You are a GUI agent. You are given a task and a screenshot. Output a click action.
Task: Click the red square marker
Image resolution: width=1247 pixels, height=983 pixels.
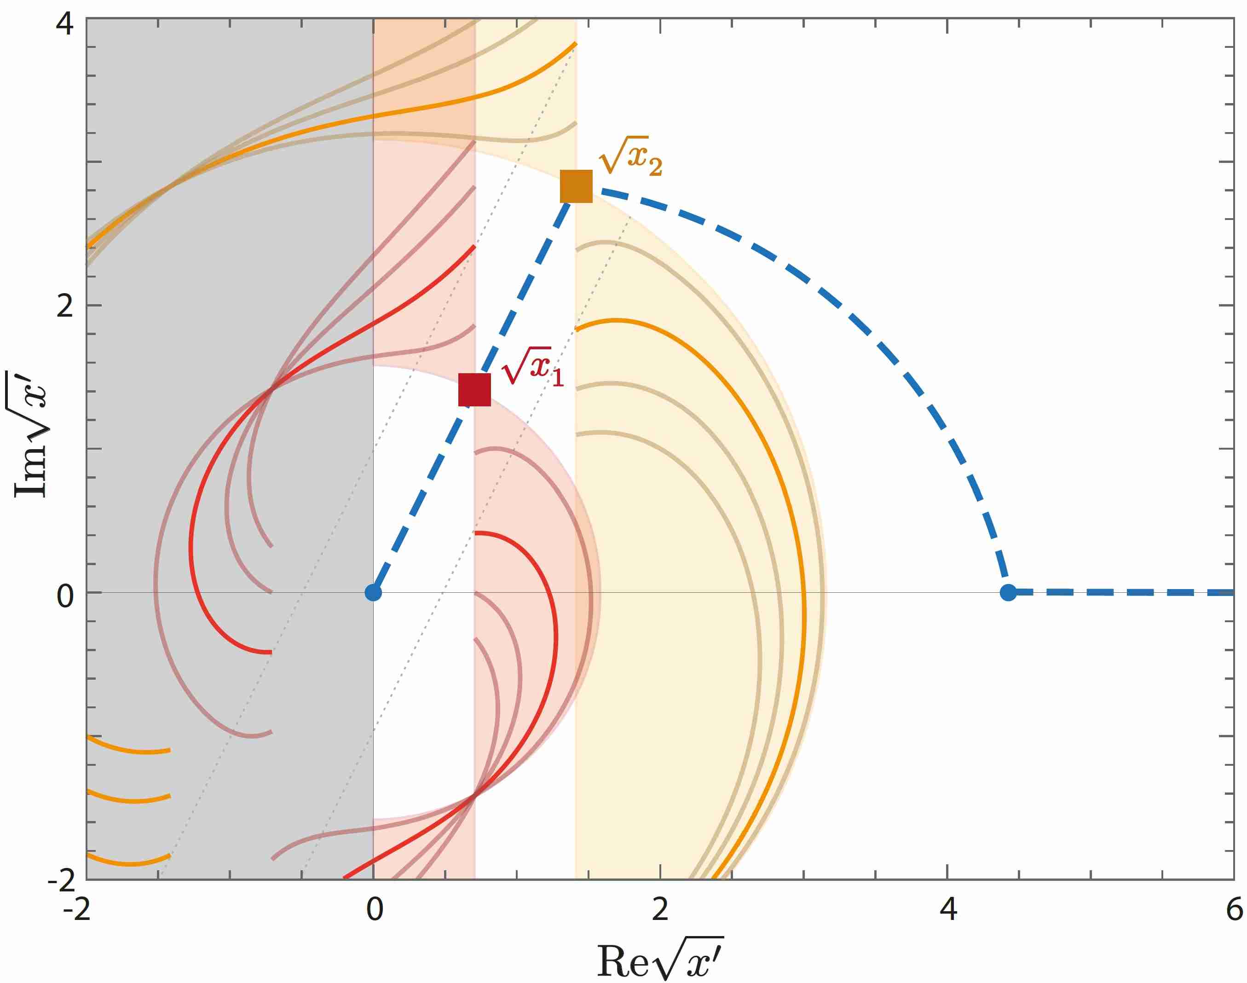click(474, 390)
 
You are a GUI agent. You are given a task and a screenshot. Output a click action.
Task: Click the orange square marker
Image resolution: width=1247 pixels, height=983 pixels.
click(576, 186)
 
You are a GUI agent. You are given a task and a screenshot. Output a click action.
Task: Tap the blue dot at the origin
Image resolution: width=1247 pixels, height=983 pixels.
click(374, 592)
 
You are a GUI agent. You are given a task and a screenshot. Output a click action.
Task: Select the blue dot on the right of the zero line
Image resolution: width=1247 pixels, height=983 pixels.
click(1008, 592)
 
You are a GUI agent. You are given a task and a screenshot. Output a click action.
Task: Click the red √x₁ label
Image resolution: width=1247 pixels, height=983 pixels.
click(532, 367)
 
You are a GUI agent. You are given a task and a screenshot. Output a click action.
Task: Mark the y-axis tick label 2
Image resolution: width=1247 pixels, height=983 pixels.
click(65, 306)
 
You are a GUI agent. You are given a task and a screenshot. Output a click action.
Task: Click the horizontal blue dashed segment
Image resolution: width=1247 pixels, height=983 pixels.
click(1122, 592)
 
